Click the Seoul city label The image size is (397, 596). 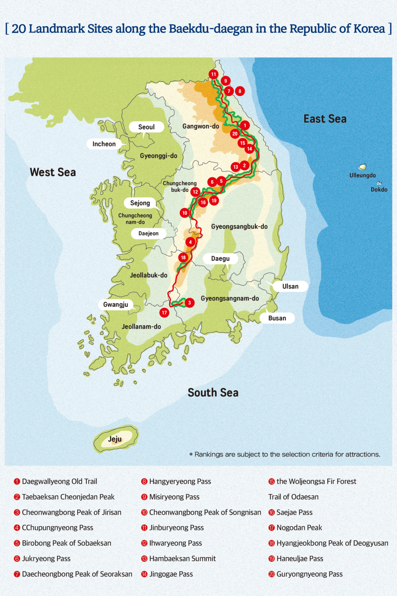(x=146, y=127)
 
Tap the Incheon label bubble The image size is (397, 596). (x=104, y=144)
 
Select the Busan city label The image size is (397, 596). (x=277, y=318)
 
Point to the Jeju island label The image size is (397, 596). (x=115, y=439)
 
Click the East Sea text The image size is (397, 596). (x=325, y=119)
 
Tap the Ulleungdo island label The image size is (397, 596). (x=362, y=175)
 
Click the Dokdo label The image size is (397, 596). (x=379, y=189)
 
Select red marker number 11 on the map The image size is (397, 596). (x=213, y=74)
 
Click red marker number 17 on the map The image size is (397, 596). (x=164, y=312)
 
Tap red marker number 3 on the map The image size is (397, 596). (x=189, y=303)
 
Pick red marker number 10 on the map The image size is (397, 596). (x=184, y=213)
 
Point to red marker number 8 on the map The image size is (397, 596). (x=239, y=91)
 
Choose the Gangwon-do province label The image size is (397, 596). (x=201, y=126)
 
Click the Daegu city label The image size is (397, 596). (x=220, y=259)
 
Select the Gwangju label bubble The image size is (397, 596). (x=116, y=305)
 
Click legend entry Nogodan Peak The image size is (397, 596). (x=299, y=527)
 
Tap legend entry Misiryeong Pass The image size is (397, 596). (x=174, y=497)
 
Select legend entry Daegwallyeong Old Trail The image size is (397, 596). (x=59, y=481)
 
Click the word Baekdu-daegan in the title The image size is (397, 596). (x=210, y=28)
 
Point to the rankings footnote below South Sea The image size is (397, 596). (x=285, y=454)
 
